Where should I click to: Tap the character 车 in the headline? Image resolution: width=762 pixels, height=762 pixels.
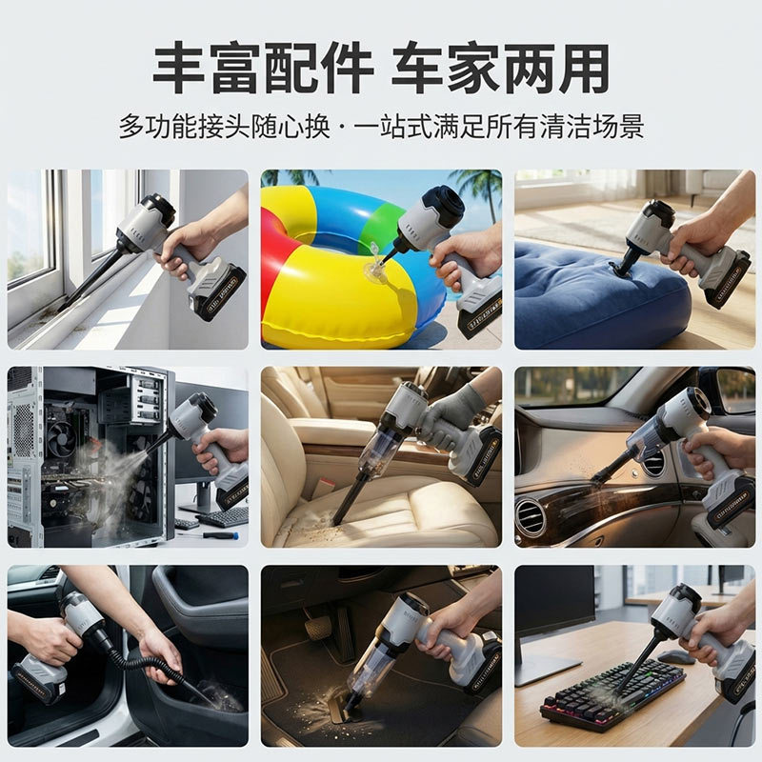(x=417, y=69)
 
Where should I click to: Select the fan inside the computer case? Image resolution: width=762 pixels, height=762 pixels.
(x=62, y=439)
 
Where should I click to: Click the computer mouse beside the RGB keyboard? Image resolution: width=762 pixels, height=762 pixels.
(x=675, y=656)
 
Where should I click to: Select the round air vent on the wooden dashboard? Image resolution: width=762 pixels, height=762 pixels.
(x=530, y=517)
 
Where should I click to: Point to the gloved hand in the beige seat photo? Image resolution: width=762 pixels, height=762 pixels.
(x=451, y=418)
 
